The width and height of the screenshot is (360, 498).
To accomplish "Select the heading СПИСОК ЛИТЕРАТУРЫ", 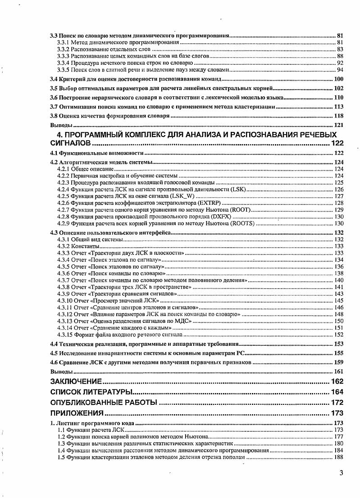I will (x=91, y=392).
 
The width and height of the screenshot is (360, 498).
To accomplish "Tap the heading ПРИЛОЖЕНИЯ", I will (x=77, y=412).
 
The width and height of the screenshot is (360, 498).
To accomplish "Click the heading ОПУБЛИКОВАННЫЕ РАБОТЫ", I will (x=103, y=402).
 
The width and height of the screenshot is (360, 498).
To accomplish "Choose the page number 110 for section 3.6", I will (x=339, y=98).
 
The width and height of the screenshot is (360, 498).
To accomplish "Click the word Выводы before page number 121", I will (x=61, y=125).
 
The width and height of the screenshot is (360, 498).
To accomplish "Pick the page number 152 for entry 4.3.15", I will (x=339, y=335).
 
